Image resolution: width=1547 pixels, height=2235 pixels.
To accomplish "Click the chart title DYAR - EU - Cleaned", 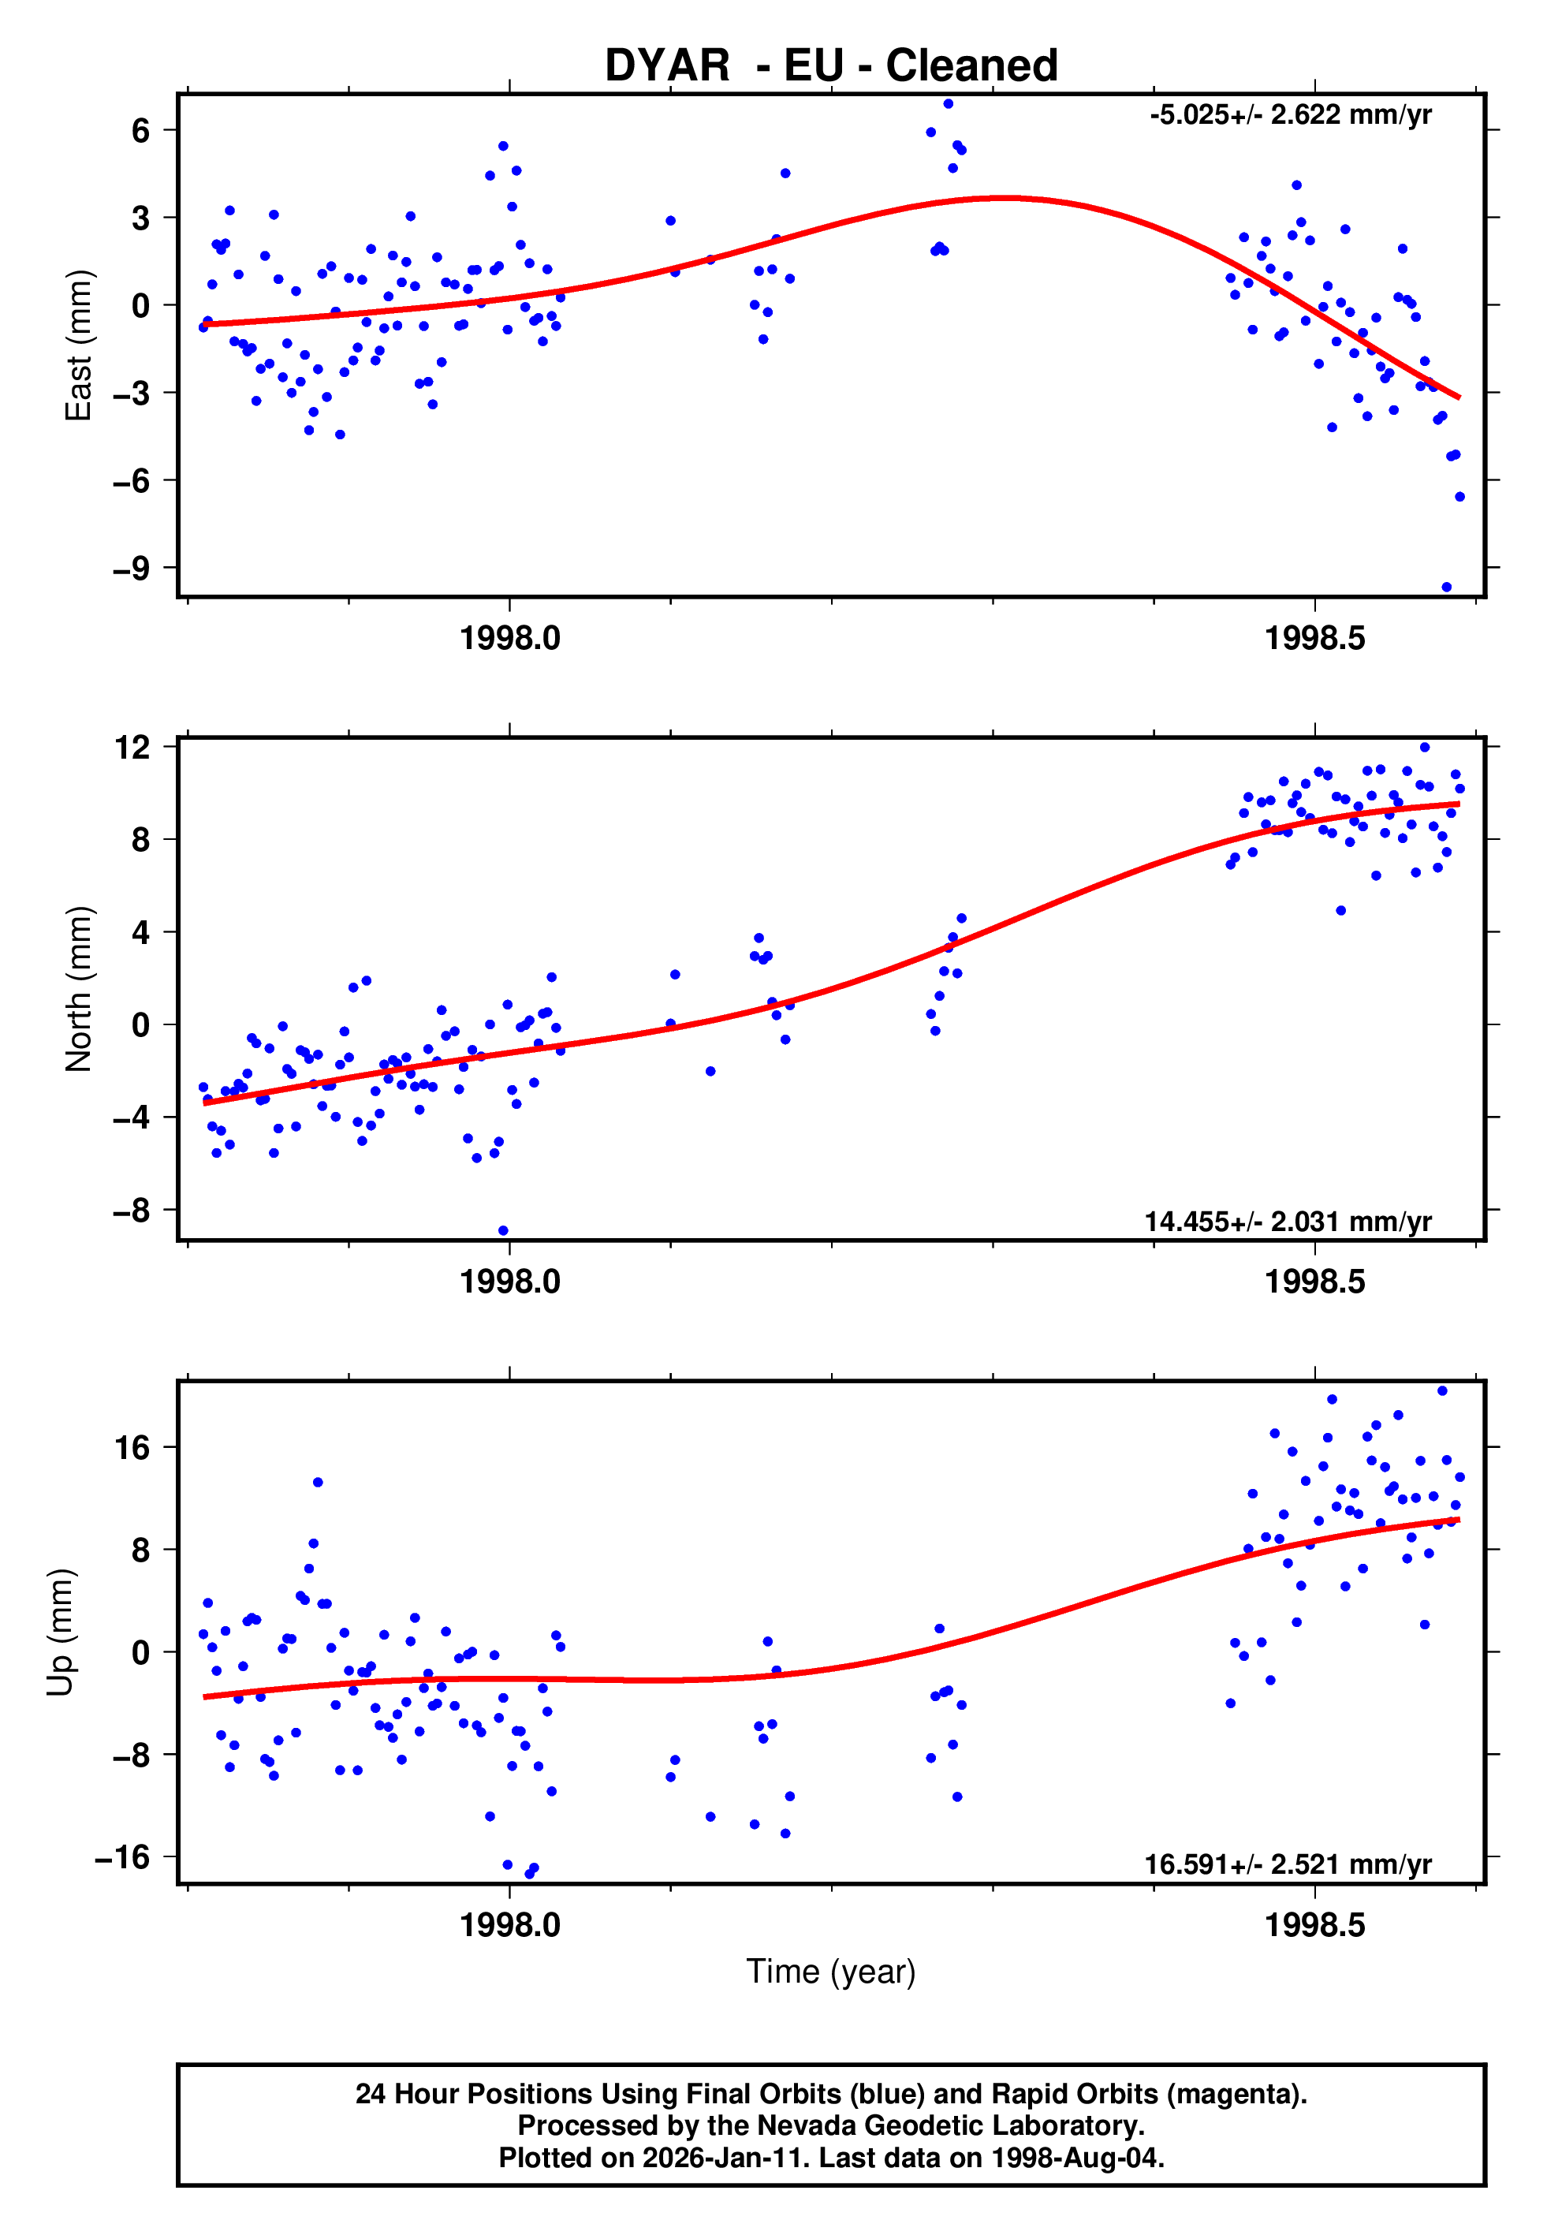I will click(x=831, y=66).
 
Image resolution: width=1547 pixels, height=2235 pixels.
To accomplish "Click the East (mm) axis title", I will click(x=77, y=345).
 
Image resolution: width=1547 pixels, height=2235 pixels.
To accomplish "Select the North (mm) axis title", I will click(x=77, y=989).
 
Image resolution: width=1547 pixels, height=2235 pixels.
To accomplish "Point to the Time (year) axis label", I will click(x=831, y=1972).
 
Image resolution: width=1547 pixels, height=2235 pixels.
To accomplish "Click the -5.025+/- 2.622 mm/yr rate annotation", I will click(x=1290, y=115).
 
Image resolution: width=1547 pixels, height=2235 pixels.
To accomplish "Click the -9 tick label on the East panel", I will click(x=131, y=568).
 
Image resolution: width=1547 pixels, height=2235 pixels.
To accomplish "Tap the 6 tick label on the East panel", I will click(x=140, y=130).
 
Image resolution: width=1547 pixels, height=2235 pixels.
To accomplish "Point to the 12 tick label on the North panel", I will click(x=132, y=748).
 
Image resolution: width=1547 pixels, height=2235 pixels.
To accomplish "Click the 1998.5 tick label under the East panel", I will click(x=1314, y=639).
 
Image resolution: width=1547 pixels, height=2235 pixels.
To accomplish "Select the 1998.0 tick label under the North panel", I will click(x=510, y=1282).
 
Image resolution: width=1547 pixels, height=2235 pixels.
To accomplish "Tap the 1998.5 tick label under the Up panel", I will click(x=1314, y=1925).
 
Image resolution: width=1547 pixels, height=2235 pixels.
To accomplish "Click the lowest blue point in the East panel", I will click(x=1446, y=588).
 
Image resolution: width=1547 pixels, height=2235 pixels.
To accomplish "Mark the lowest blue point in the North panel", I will click(x=503, y=1231).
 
